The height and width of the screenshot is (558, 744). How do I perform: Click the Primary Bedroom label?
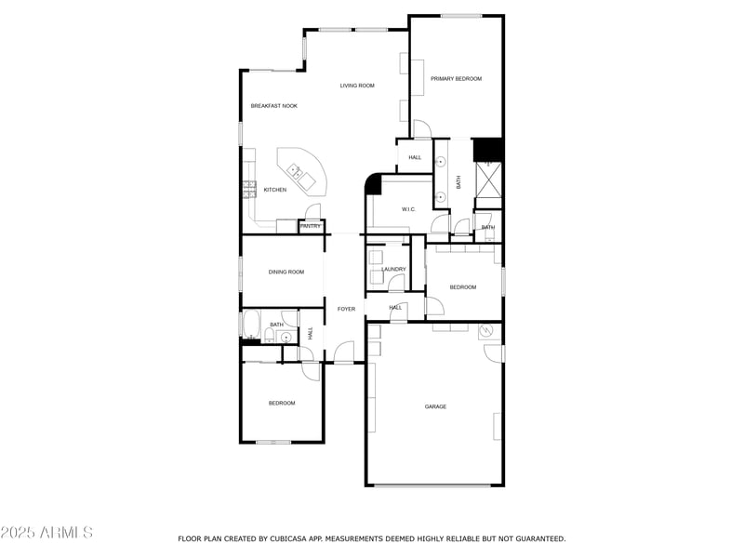456,79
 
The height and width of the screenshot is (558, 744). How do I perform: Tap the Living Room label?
357,86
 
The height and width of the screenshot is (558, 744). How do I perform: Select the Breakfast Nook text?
273,106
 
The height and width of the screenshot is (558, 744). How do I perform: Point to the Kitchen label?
274,191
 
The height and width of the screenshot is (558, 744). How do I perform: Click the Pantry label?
311,226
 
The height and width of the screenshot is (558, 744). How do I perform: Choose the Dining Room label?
286,272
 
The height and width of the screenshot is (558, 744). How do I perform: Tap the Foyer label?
347,309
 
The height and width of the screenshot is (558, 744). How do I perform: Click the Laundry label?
393,270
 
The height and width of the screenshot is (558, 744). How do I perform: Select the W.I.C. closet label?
408,209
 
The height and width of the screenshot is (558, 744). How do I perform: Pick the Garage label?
435,406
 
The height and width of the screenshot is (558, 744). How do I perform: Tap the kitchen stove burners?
249,190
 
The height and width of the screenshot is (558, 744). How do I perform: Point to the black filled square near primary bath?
488,150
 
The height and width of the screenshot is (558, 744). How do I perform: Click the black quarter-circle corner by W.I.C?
373,184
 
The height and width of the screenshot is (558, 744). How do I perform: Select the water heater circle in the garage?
485,332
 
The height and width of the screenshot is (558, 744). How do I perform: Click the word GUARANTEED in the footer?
531,538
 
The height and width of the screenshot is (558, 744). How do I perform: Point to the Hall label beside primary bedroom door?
415,157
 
